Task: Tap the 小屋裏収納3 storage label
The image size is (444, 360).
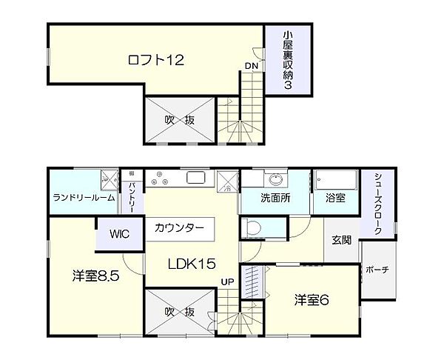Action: click(x=288, y=60)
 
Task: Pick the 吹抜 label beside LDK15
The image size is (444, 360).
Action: click(x=180, y=311)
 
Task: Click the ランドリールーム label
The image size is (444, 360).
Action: click(x=83, y=199)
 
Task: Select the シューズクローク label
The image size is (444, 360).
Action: click(x=377, y=203)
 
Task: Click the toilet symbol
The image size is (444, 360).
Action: click(x=253, y=228)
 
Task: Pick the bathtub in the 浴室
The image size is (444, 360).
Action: click(x=335, y=181)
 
